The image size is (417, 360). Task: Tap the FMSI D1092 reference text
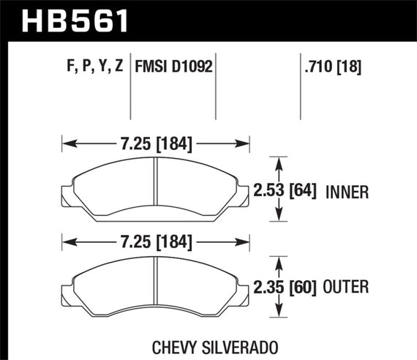[173, 69]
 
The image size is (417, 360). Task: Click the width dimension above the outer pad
[156, 239]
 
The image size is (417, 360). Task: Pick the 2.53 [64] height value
[294, 192]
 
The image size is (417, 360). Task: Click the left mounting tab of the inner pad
[67, 195]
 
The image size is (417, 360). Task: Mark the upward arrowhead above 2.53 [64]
[277, 160]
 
